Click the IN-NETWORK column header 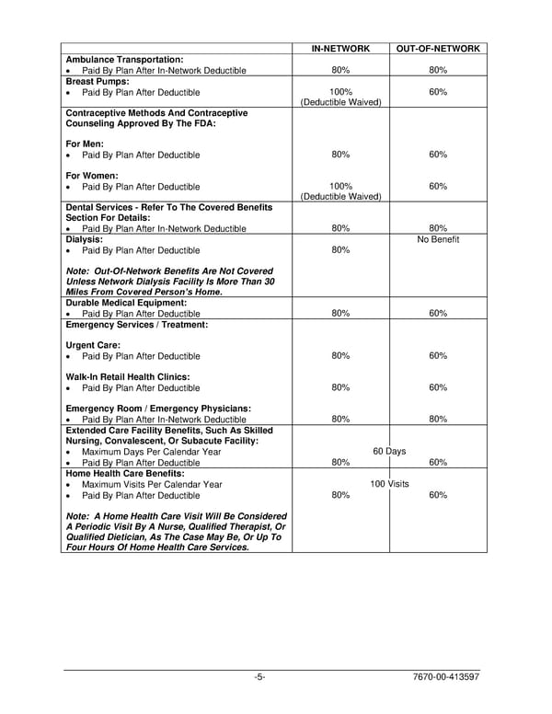click(x=340, y=48)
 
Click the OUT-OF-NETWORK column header click(x=438, y=48)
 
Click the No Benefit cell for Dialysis click(x=438, y=239)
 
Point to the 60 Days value click(x=389, y=452)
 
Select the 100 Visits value click(x=389, y=484)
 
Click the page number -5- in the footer click(x=260, y=678)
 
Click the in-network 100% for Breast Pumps click(x=340, y=92)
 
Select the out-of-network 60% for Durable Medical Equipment click(x=438, y=313)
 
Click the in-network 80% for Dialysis click(x=340, y=250)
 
